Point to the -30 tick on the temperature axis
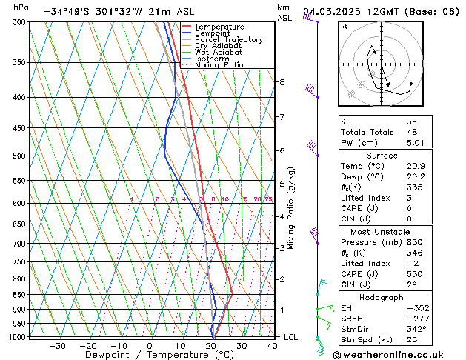pos(57,345)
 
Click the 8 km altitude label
pos(282,81)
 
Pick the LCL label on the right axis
pos(292,337)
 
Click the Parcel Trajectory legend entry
pos(228,40)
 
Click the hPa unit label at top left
pos(21,8)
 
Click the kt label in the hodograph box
pos(344,26)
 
